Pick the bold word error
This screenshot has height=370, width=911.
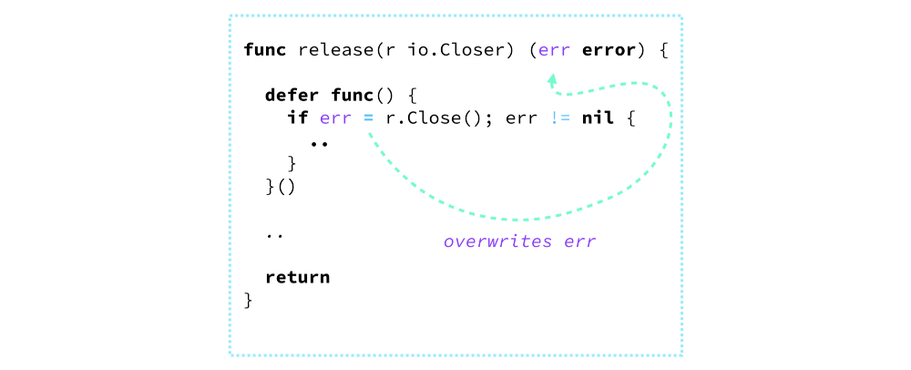(609, 49)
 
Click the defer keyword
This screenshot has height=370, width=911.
(292, 95)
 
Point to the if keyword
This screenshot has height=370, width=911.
(298, 118)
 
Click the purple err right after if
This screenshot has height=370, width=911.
(335, 118)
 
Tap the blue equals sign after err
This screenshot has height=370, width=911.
(368, 118)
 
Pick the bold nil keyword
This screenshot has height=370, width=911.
(599, 118)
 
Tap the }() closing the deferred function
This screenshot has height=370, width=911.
(281, 187)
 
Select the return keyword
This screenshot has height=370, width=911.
(297, 277)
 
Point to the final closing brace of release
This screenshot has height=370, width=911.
(249, 300)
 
